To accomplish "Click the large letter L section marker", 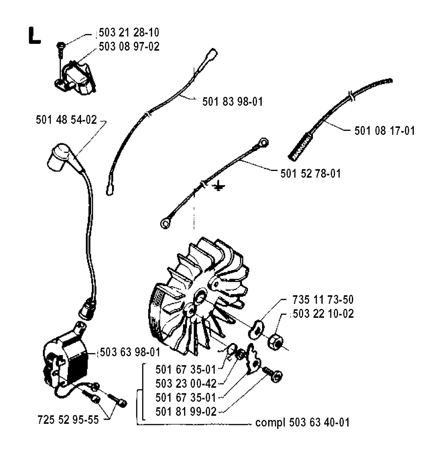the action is click(34, 36).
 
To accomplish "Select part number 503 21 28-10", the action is click(129, 33).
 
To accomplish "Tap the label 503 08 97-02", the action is click(129, 46).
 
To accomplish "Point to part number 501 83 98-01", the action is click(232, 102).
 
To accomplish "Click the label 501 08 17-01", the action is click(385, 130).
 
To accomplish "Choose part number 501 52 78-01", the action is click(311, 174).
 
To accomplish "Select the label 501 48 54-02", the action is click(66, 120).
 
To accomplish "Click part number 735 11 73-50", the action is click(323, 299).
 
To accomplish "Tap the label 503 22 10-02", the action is click(323, 313).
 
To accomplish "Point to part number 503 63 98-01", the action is click(130, 352).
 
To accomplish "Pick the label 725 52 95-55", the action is click(68, 419).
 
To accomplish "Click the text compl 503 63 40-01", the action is click(302, 422).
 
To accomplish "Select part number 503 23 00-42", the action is click(186, 384).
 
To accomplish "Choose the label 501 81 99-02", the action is click(186, 412).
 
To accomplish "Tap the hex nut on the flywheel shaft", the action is click(275, 342).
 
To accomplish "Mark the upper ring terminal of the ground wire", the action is click(263, 142).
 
